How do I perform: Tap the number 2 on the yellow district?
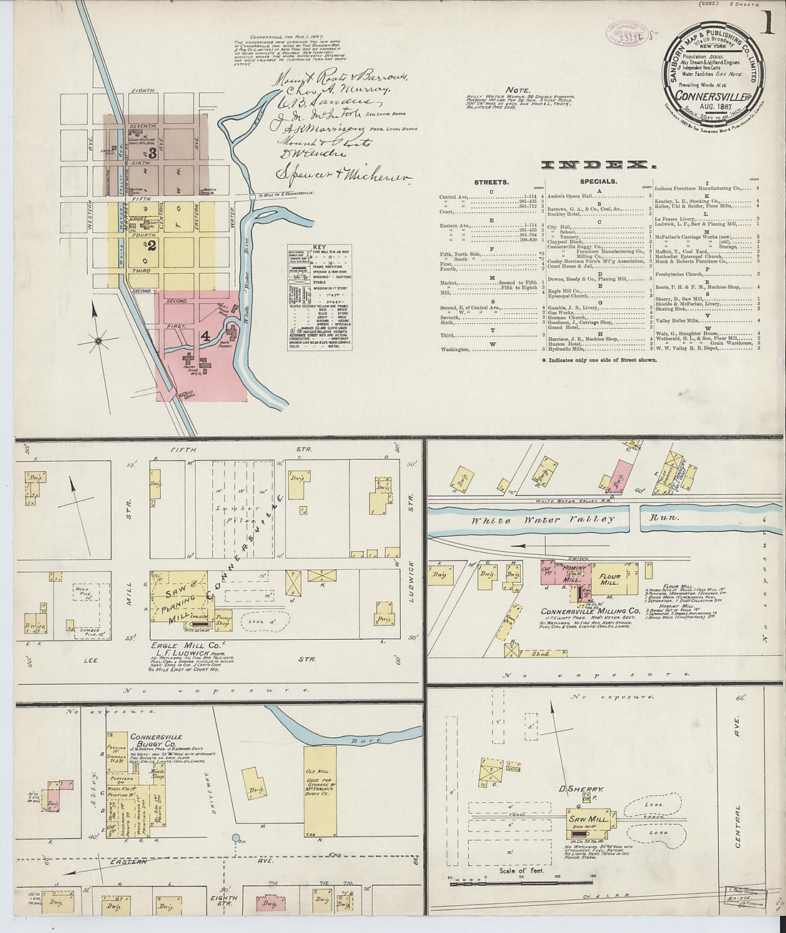tap(151, 244)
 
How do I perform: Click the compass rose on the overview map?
tap(97, 341)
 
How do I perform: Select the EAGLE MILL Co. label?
tap(175, 646)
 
